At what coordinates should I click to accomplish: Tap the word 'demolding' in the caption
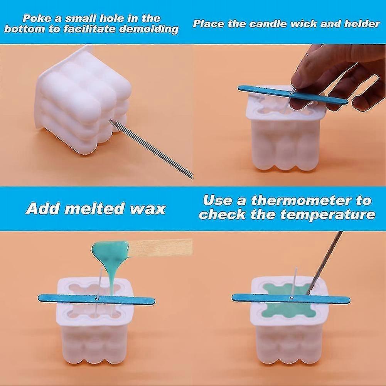(149, 29)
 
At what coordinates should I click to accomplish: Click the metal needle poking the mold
(151, 149)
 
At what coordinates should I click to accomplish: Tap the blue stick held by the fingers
(293, 94)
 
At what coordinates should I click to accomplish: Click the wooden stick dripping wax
(160, 247)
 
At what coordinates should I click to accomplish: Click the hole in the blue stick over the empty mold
(96, 299)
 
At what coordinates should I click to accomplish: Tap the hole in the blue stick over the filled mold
(292, 298)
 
